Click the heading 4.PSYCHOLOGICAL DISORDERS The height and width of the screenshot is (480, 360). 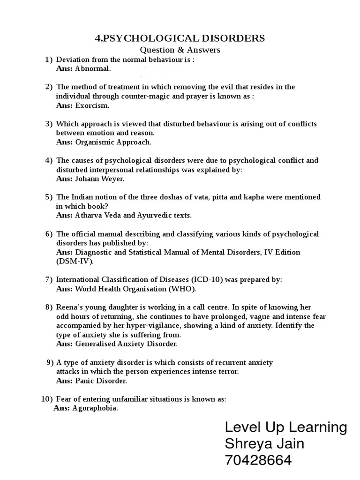(180, 38)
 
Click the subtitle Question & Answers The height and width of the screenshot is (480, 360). (180, 50)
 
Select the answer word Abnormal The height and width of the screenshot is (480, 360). (93, 69)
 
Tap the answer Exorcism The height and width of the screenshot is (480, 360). (92, 105)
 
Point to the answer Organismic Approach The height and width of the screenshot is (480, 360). (113, 142)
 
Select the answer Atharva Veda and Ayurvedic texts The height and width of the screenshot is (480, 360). (133, 215)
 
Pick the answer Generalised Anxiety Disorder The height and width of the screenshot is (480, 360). (126, 344)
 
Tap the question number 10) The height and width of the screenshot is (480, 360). (47, 399)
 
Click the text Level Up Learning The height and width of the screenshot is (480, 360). (285, 427)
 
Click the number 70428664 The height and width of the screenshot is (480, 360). (258, 461)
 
